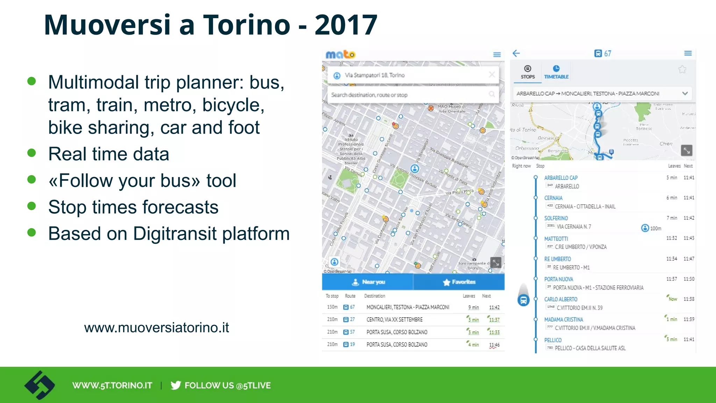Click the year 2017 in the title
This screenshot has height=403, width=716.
tap(346, 25)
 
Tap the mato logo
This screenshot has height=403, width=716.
tap(340, 55)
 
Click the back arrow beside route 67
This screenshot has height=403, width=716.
tap(516, 54)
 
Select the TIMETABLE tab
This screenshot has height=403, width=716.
tap(556, 72)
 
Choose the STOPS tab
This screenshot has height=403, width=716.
tap(528, 72)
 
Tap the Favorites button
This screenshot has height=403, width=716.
tap(459, 282)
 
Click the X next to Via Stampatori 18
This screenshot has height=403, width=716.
tap(492, 75)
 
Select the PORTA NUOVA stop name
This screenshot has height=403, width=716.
tap(558, 279)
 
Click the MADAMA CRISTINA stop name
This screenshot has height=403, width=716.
tap(563, 319)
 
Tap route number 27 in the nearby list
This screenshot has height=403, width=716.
tap(352, 319)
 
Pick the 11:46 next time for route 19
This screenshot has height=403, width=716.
tap(494, 345)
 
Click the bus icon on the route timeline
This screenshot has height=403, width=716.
tap(523, 300)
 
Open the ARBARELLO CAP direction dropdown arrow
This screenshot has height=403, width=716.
tap(685, 93)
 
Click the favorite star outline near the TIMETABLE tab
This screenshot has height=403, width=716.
tap(682, 69)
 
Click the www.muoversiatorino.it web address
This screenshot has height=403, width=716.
tap(156, 328)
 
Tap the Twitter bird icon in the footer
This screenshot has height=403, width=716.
tap(176, 385)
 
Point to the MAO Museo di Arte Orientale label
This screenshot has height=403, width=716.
tap(451, 109)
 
